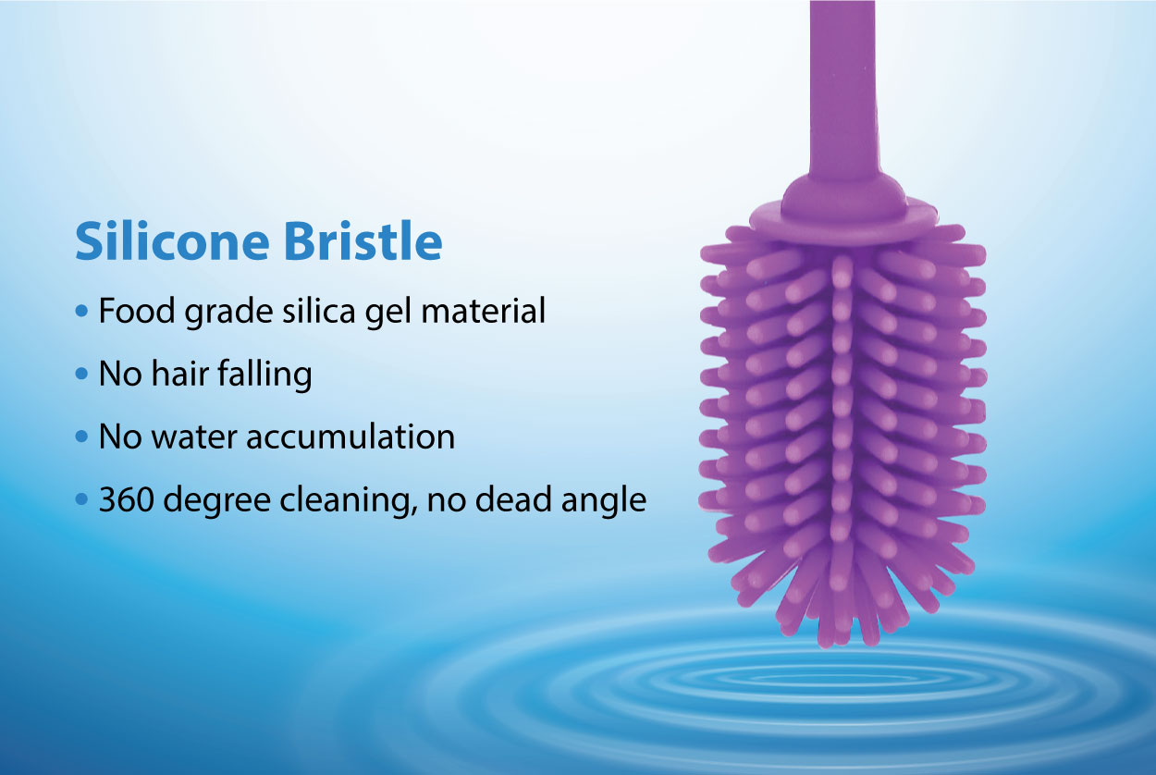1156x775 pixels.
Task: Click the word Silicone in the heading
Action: pyautogui.click(x=172, y=240)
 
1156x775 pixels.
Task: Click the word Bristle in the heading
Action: pyautogui.click(x=363, y=240)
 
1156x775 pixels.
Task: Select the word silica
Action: pyautogui.click(x=318, y=311)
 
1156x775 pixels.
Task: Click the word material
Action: pyautogui.click(x=484, y=311)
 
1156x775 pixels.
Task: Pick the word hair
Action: pyautogui.click(x=180, y=374)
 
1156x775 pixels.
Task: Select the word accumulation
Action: pyautogui.click(x=350, y=437)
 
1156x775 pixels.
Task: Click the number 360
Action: pyautogui.click(x=127, y=499)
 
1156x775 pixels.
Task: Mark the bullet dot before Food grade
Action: pyautogui.click(x=81, y=311)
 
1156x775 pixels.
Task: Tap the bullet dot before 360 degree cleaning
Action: pyautogui.click(x=81, y=499)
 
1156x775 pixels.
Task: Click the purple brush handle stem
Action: pyautogui.click(x=843, y=92)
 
